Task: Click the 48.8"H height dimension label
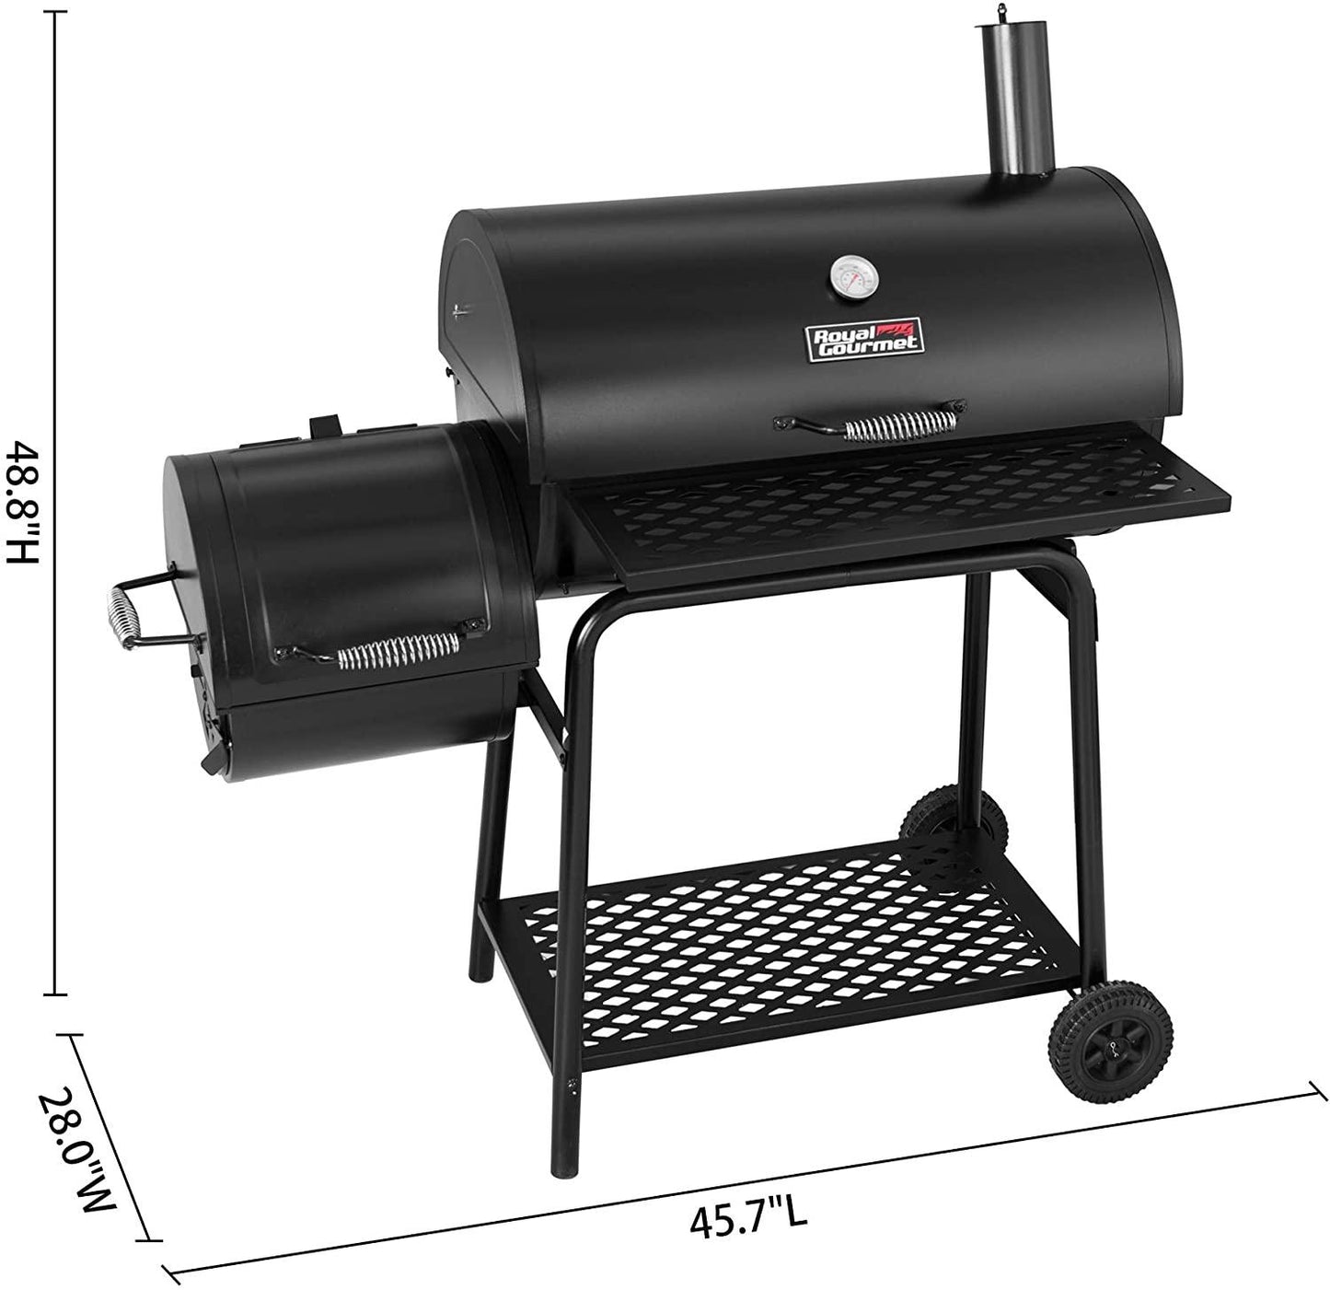(x=23, y=503)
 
